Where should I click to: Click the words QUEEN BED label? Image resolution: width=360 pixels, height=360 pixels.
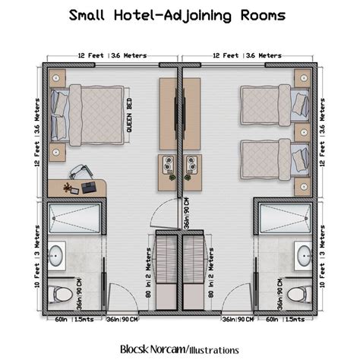pos(129,115)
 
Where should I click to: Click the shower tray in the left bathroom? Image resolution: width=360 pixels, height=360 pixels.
pos(74,219)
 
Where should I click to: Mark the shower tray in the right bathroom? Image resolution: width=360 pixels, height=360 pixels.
pos(286,219)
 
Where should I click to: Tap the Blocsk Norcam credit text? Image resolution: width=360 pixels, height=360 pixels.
pos(179,349)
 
